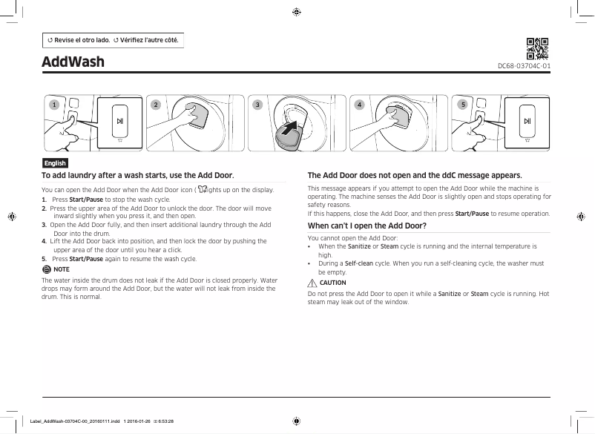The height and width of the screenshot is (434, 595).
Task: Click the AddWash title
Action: click(73, 61)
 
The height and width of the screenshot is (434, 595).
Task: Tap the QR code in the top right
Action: click(537, 48)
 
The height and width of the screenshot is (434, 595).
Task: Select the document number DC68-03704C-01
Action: click(524, 66)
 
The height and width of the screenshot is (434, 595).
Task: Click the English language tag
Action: click(55, 163)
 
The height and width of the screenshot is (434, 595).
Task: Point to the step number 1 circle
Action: click(53, 105)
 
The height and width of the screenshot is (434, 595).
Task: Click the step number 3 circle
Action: click(257, 105)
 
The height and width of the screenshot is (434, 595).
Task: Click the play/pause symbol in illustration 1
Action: click(119, 122)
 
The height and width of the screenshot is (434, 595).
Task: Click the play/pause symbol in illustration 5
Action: click(526, 122)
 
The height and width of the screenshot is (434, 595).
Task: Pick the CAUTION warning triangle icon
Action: click(312, 283)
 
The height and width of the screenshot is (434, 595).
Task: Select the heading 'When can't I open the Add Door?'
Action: click(366, 226)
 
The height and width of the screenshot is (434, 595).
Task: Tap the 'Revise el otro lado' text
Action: click(78, 39)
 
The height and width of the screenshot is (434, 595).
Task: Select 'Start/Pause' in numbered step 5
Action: click(85, 259)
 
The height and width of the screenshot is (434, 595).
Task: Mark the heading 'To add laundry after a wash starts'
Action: click(137, 176)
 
